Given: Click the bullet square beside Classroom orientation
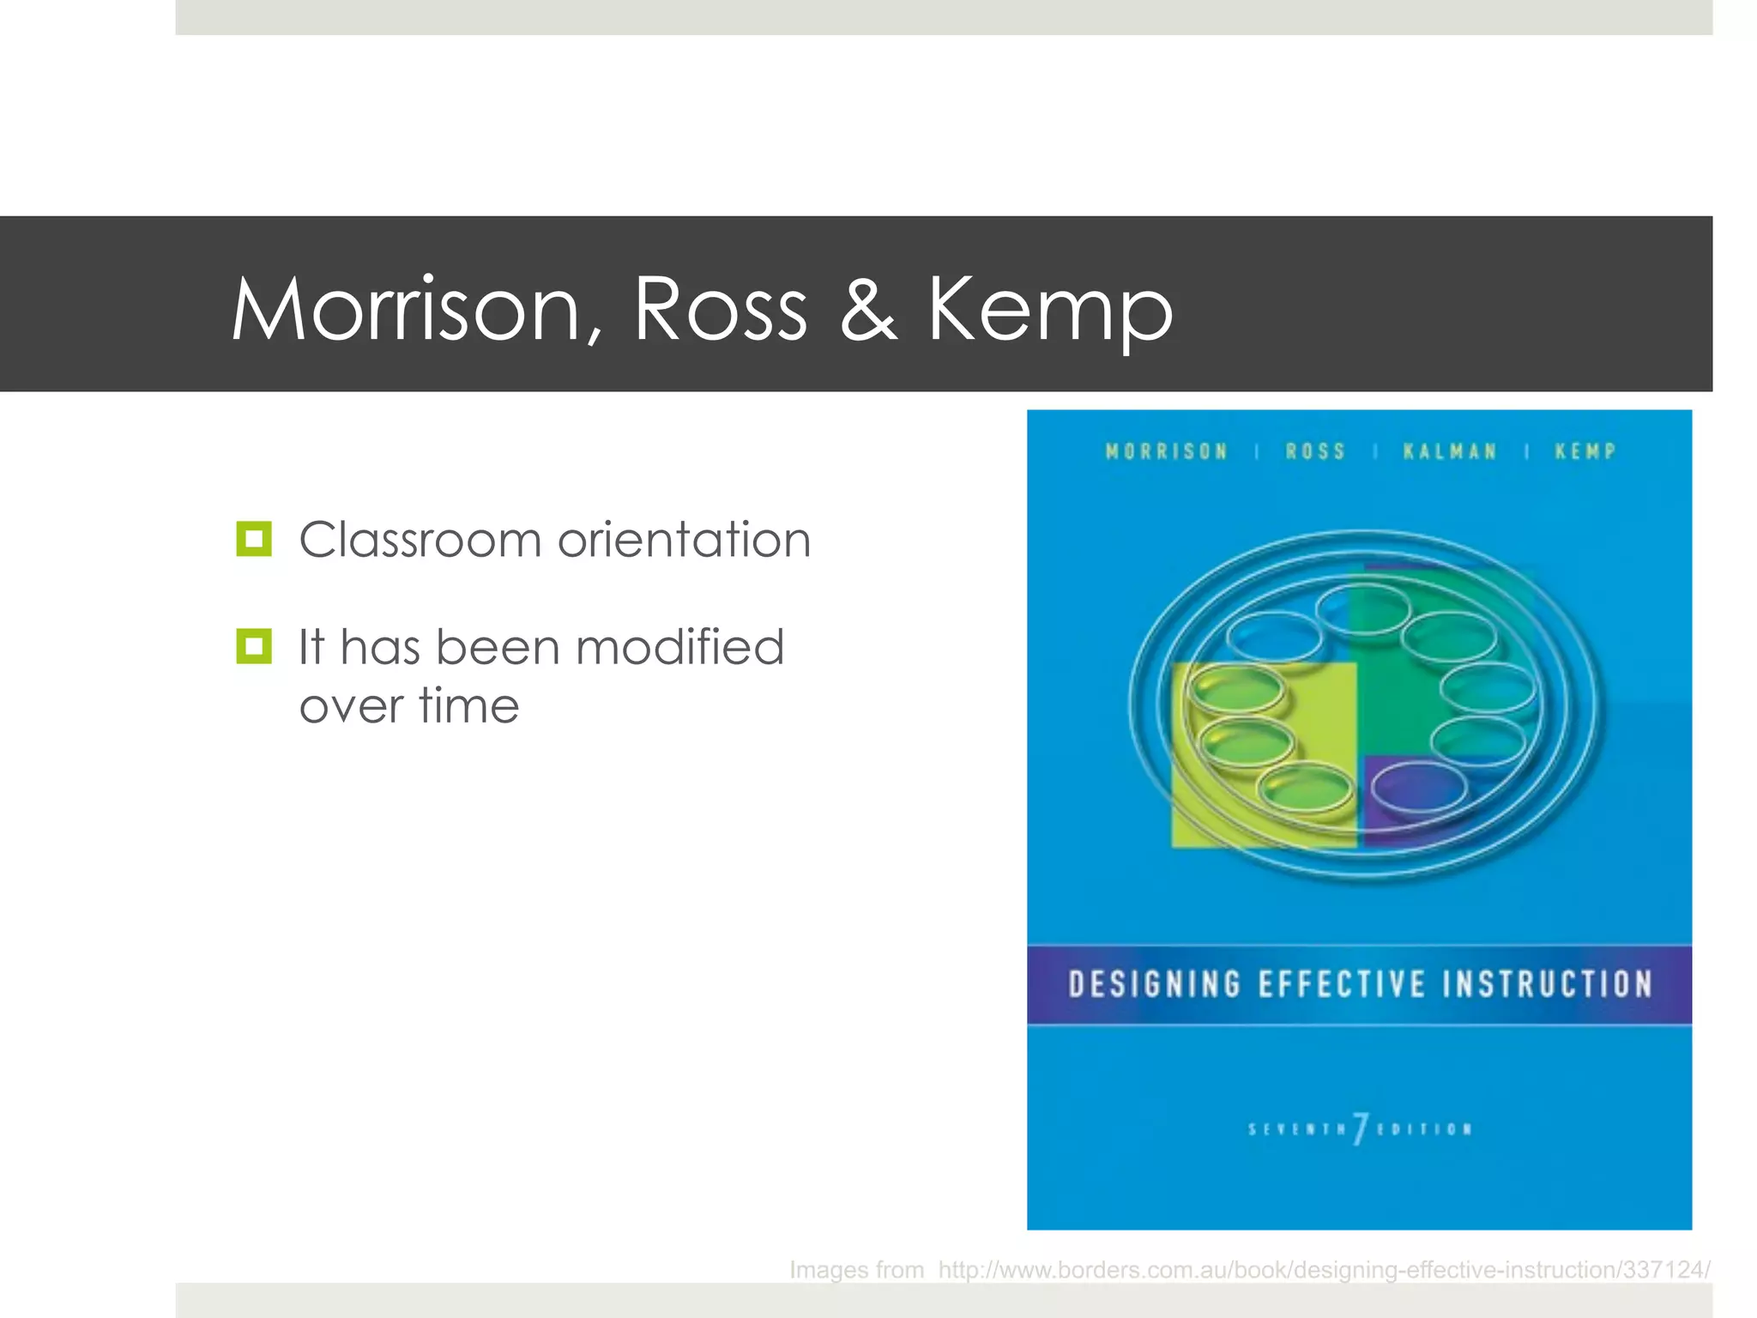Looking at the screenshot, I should (254, 539).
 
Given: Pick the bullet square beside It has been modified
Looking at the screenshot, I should (254, 646).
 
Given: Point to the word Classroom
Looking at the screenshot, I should (420, 540).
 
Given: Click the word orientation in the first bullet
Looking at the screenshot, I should (684, 540).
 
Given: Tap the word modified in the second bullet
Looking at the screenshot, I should (679, 647).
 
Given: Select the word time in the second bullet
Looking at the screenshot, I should (469, 706).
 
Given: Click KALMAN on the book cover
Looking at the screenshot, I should (1450, 451).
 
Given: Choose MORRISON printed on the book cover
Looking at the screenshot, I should (1167, 451).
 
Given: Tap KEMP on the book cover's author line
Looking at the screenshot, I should (1585, 451).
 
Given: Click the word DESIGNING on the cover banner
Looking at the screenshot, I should (1155, 984).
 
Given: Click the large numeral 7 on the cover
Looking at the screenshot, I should (1360, 1128).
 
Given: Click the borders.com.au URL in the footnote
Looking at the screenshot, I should (1324, 1269).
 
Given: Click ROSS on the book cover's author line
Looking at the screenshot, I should (1315, 451).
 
